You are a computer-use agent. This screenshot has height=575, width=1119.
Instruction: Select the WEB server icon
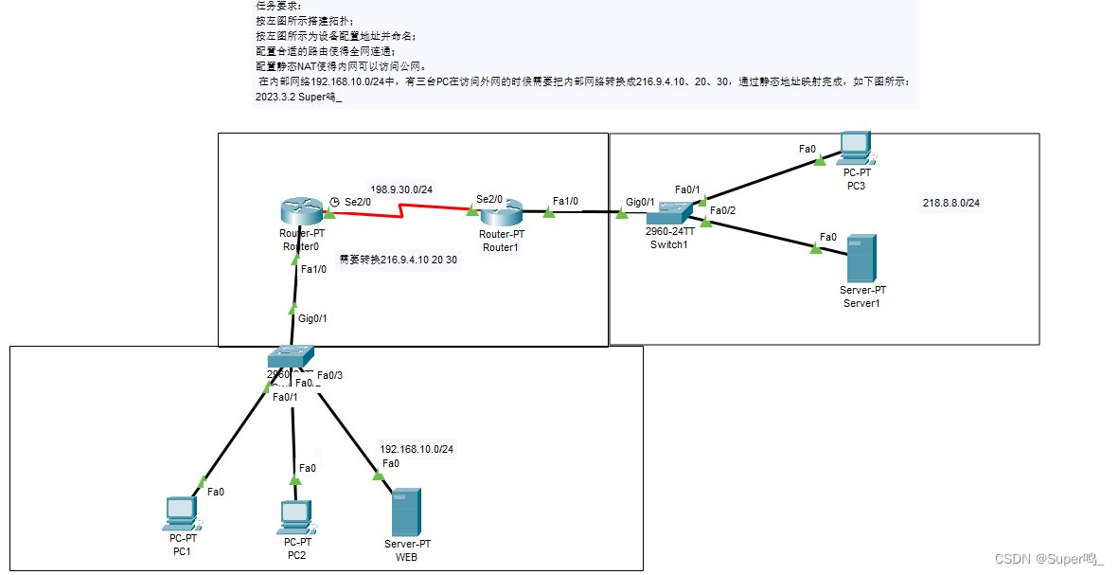point(406,512)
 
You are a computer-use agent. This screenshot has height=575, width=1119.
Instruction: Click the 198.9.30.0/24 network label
point(400,189)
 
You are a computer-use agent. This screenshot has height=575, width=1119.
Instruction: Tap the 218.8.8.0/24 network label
point(950,203)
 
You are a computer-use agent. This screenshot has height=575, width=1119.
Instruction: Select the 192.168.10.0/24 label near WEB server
point(417,449)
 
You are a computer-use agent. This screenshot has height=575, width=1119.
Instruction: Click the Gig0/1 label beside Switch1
point(640,202)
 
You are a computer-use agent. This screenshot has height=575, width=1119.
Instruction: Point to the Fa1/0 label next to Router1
point(565,201)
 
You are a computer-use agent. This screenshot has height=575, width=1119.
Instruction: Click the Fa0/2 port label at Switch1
point(722,210)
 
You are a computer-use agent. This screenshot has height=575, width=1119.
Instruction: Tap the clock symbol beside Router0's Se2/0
point(334,201)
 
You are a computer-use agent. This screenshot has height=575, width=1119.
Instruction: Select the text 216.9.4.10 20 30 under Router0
point(399,260)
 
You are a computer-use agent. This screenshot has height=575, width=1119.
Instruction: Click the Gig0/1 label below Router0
point(312,318)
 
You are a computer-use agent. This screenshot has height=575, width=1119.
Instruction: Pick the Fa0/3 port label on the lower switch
point(329,375)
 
